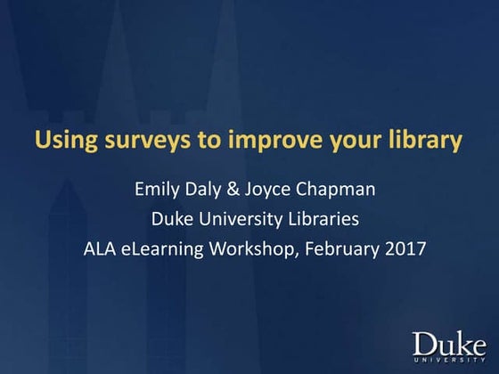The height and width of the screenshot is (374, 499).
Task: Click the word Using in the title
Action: tap(60, 141)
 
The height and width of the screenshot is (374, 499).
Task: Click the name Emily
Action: tap(157, 190)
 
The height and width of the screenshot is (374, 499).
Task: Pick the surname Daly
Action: tap(208, 190)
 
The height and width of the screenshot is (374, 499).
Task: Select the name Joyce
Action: tap(274, 190)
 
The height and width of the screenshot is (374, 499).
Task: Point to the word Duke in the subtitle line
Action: tap(175, 219)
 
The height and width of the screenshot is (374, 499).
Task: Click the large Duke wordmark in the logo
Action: tap(450, 342)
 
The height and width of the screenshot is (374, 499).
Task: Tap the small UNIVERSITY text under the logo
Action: tap(450, 361)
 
